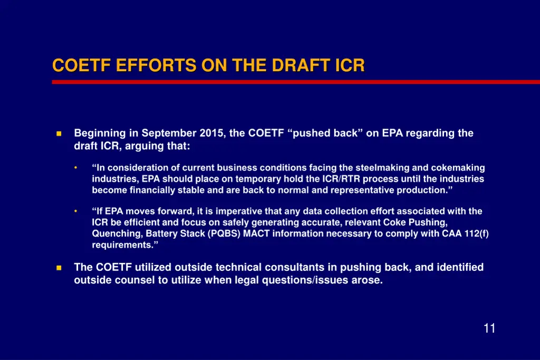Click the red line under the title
295,82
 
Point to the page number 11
489,328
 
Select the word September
169,133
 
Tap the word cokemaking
458,168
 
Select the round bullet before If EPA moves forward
76,211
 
